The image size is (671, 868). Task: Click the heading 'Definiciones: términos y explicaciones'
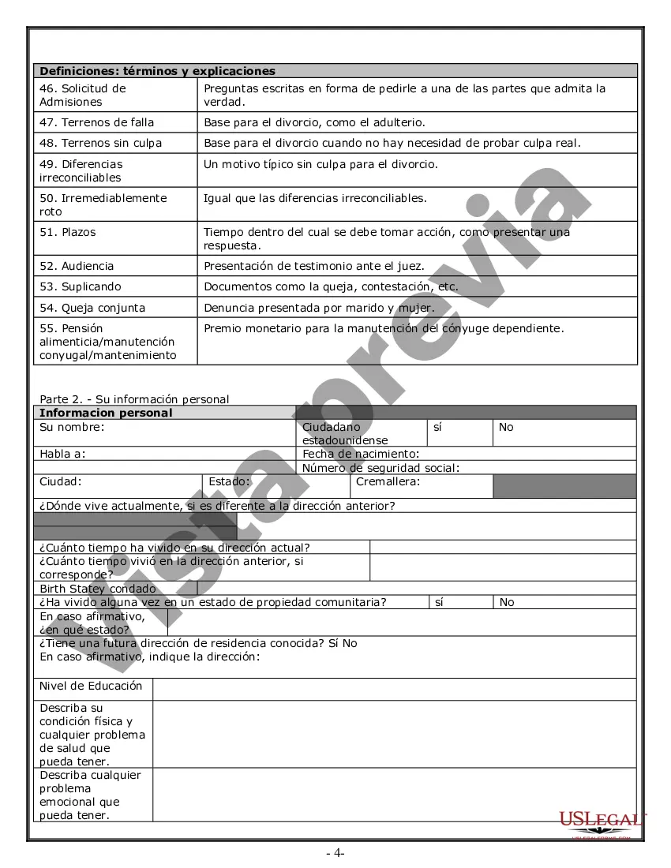tap(157, 71)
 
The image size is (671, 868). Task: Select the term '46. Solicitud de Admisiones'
tap(82, 95)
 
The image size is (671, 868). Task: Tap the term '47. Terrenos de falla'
tap(96, 122)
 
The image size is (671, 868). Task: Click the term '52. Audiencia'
tap(77, 266)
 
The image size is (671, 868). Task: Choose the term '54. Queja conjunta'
tap(92, 308)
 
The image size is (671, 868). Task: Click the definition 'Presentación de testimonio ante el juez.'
tap(314, 266)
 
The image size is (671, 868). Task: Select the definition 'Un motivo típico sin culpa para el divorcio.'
tap(321, 164)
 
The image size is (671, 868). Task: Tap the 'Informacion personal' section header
tap(106, 413)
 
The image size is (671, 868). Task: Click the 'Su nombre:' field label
tap(72, 427)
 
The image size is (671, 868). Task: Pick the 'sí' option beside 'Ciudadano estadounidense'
tap(437, 427)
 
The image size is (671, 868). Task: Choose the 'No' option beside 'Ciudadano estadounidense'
tap(506, 427)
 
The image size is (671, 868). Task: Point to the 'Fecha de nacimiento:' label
tap(360, 454)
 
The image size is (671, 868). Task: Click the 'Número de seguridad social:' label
tap(380, 468)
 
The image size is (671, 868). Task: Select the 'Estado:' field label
tap(229, 481)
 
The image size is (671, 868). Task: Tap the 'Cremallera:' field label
tap(388, 481)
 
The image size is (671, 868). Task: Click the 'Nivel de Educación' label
tap(91, 686)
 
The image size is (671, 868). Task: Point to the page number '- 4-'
tap(335, 852)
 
